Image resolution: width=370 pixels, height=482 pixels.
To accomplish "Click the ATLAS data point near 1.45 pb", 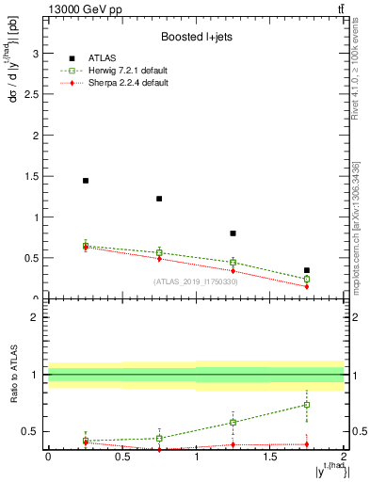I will pyautogui.click(x=86, y=181).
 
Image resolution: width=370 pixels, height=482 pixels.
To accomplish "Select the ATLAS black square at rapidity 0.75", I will pyautogui.click(x=159, y=199).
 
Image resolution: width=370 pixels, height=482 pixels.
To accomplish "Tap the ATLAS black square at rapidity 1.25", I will pyautogui.click(x=233, y=233).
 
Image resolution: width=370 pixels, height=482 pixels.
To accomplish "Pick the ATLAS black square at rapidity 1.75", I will pyautogui.click(x=307, y=270).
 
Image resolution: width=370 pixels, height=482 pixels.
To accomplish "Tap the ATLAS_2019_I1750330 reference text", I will pyautogui.click(x=195, y=281).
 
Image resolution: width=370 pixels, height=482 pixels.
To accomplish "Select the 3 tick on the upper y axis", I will pyautogui.click(x=39, y=55).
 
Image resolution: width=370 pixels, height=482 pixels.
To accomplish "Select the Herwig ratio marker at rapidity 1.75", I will pyautogui.click(x=307, y=405).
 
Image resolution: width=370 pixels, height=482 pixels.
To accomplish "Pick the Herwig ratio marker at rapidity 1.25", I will pyautogui.click(x=233, y=422).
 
